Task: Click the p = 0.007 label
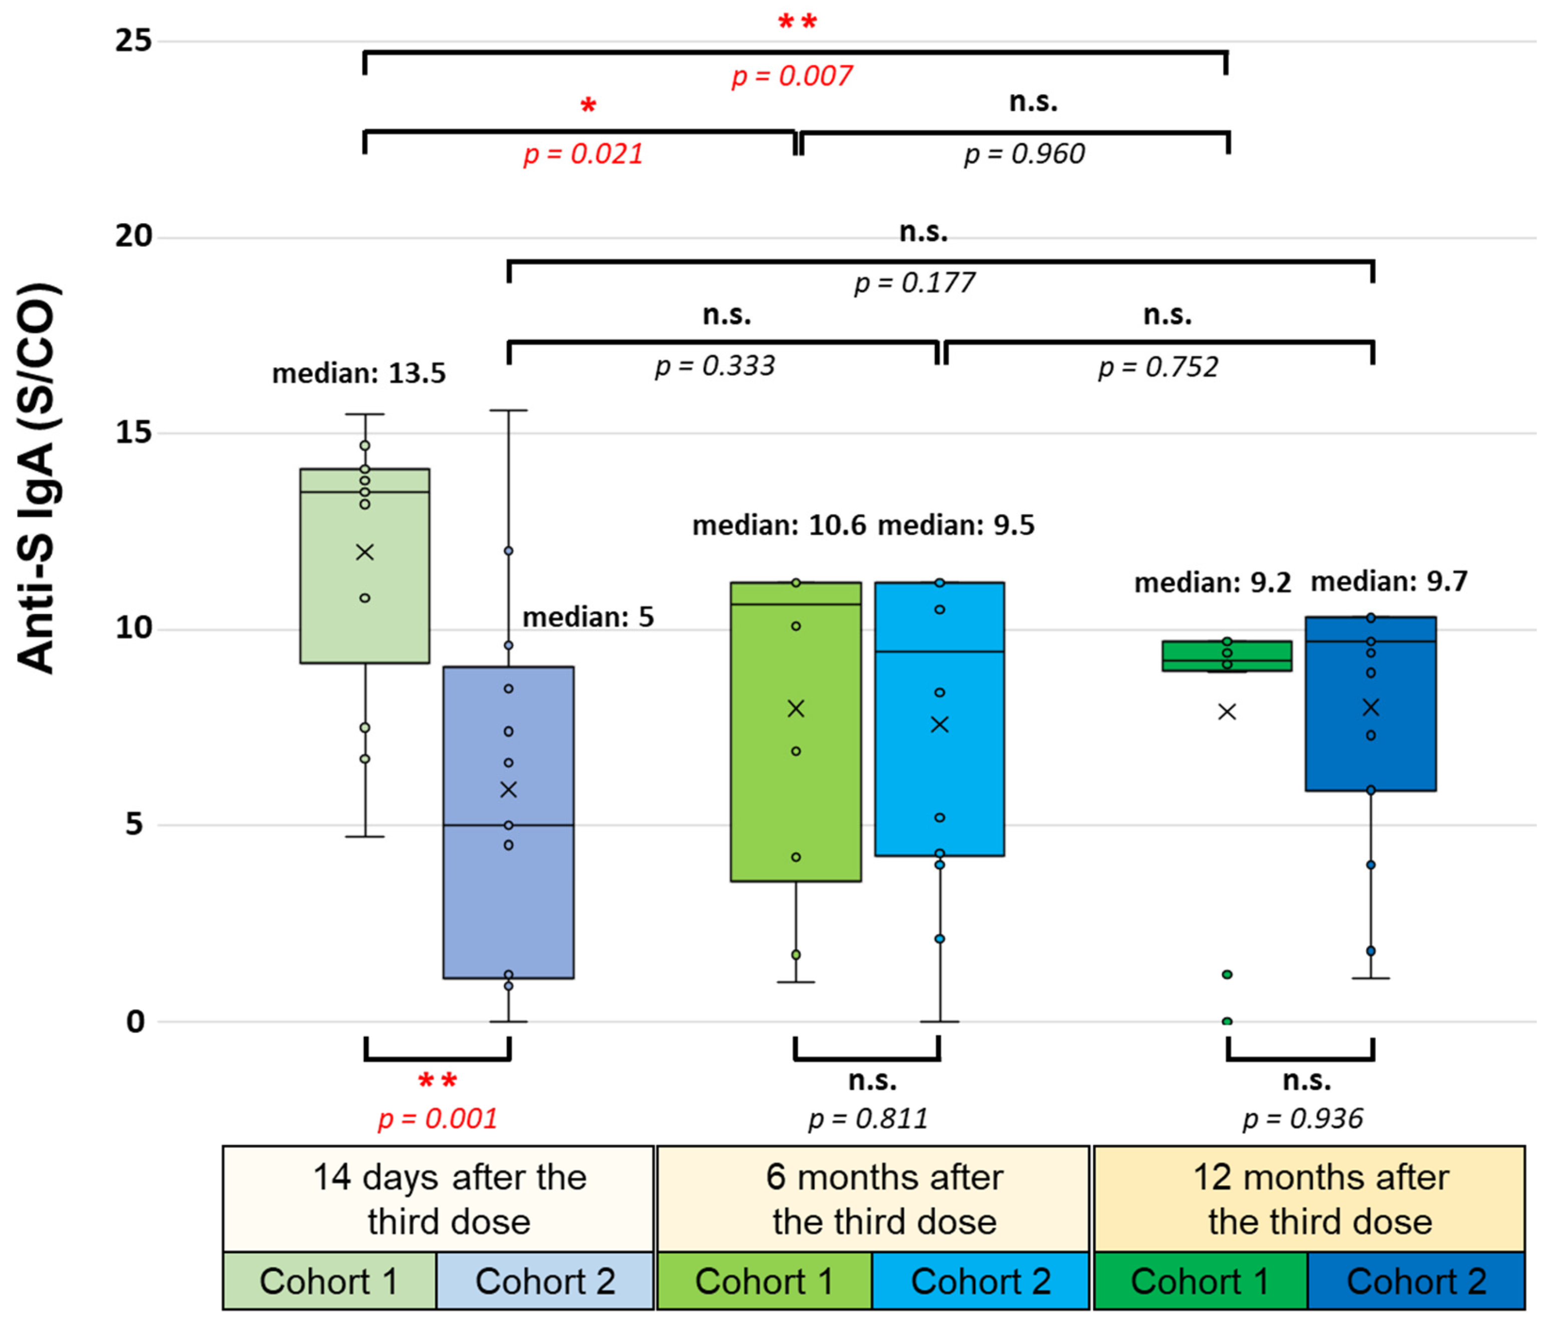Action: tap(792, 76)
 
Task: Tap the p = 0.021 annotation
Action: tap(583, 154)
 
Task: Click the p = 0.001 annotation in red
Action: tap(438, 1118)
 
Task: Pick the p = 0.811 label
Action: tap(868, 1118)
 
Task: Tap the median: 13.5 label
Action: tap(358, 373)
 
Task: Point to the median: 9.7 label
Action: tap(1389, 581)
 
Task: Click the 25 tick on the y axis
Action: tap(133, 41)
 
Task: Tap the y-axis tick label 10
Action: tap(133, 628)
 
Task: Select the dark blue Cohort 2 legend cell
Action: tap(1416, 1281)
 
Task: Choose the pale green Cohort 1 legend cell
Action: tap(329, 1281)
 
